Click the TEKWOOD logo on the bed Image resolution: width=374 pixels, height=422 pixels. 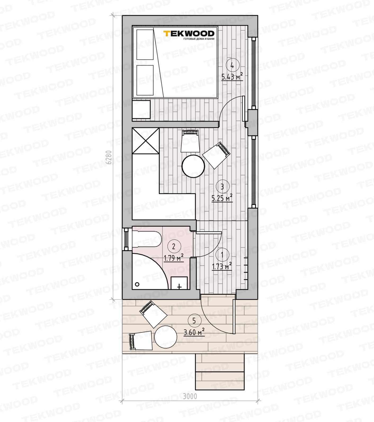[x=189, y=35]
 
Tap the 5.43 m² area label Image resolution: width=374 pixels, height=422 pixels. [x=232, y=77]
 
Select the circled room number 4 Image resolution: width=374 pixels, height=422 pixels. [x=233, y=65]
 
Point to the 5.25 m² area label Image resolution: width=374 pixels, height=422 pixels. [x=222, y=198]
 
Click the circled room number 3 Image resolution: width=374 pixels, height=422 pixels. [x=222, y=187]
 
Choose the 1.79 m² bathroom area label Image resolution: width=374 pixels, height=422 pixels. [x=173, y=258]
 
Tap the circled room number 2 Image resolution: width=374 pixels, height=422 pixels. [x=174, y=247]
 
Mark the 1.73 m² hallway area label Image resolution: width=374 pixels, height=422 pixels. [x=222, y=266]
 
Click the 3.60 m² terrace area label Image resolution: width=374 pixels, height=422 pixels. [x=194, y=332]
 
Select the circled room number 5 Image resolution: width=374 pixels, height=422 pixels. [x=194, y=321]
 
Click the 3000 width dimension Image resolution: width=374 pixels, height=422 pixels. [x=190, y=396]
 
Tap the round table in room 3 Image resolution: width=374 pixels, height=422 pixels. [x=193, y=166]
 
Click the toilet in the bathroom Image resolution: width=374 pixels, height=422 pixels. [x=147, y=238]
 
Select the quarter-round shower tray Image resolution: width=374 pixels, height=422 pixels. [x=150, y=271]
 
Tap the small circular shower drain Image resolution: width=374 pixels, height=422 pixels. [x=137, y=284]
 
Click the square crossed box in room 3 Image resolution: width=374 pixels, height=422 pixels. [x=146, y=140]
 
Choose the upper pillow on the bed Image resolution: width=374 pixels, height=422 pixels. [x=145, y=45]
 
